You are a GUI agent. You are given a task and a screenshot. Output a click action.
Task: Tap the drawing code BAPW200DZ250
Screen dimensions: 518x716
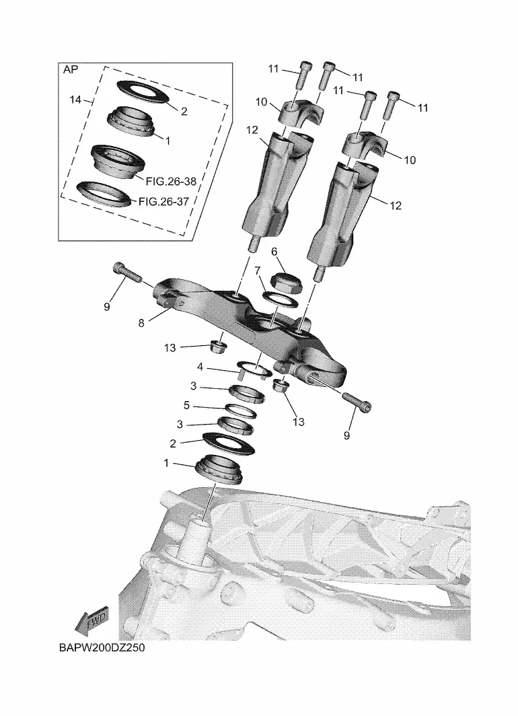tap(102, 647)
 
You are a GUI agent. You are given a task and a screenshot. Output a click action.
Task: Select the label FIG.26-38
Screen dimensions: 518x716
tap(171, 181)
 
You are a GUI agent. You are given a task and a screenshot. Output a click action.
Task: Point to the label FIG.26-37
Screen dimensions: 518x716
tap(163, 201)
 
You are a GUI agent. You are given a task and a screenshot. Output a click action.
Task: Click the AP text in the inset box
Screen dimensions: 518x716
tap(71, 70)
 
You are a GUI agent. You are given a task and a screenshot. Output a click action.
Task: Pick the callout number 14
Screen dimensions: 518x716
tap(75, 100)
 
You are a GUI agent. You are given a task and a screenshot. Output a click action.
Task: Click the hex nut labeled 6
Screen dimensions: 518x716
tap(285, 283)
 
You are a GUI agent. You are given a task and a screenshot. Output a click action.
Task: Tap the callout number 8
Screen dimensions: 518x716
tap(141, 323)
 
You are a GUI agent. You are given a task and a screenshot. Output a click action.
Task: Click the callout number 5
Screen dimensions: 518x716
tap(186, 405)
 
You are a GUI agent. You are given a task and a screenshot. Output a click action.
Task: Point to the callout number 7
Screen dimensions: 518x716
tap(258, 271)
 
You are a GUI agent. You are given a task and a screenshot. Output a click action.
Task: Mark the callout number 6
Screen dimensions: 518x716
tap(274, 252)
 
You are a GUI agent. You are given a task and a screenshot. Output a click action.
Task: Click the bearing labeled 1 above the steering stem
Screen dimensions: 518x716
tap(219, 469)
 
